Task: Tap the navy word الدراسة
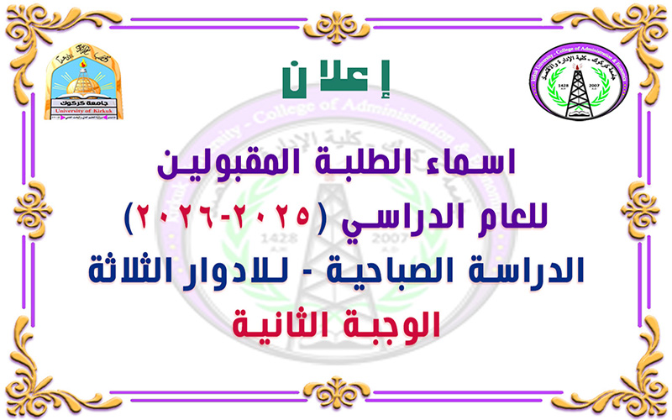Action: point(520,271)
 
